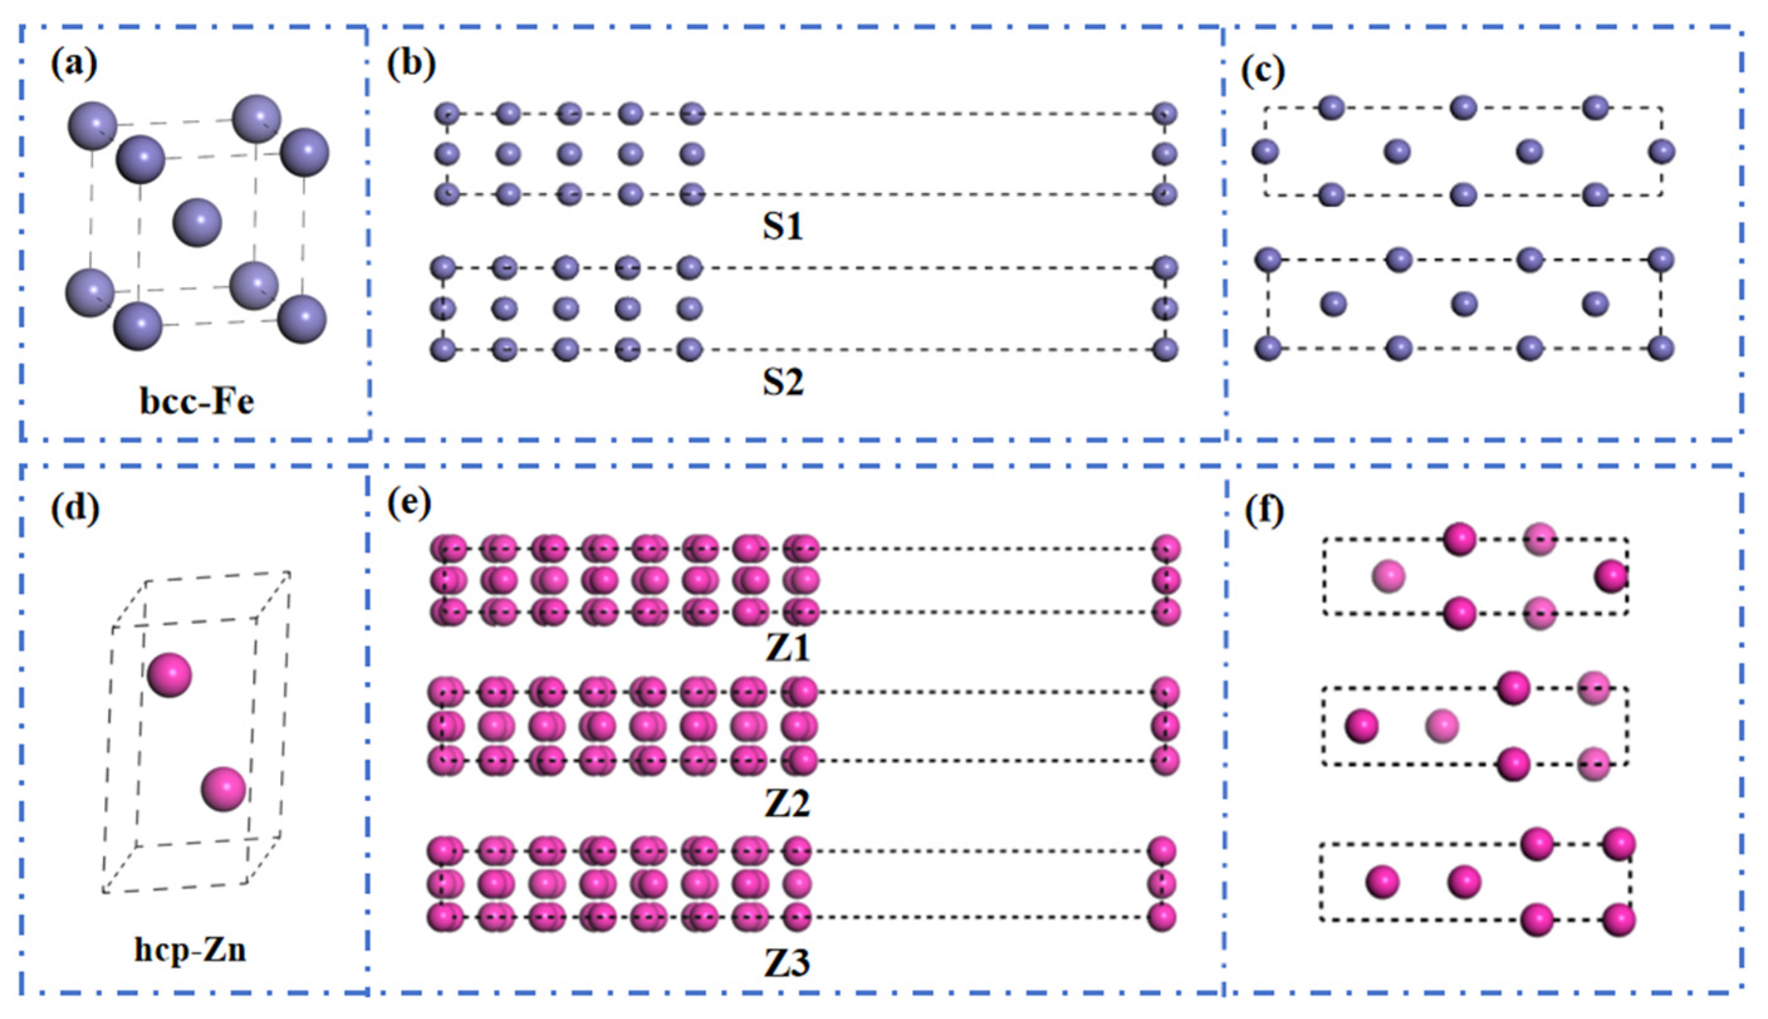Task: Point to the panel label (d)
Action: tap(75, 508)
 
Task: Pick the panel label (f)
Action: tap(1264, 511)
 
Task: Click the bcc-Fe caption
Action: tap(197, 403)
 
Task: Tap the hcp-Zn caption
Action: tap(190, 951)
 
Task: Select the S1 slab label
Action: tap(782, 227)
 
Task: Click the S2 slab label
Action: tap(782, 382)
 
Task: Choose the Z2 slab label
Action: tap(787, 804)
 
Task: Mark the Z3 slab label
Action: tap(787, 964)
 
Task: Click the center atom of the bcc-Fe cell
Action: tap(197, 222)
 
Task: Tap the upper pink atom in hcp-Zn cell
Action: tap(170, 675)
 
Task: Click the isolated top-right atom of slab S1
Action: tap(1164, 113)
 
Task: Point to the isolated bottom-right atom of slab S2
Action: tap(1165, 349)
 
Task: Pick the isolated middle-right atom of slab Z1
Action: tap(1165, 580)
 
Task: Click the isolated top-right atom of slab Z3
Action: tap(1162, 851)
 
